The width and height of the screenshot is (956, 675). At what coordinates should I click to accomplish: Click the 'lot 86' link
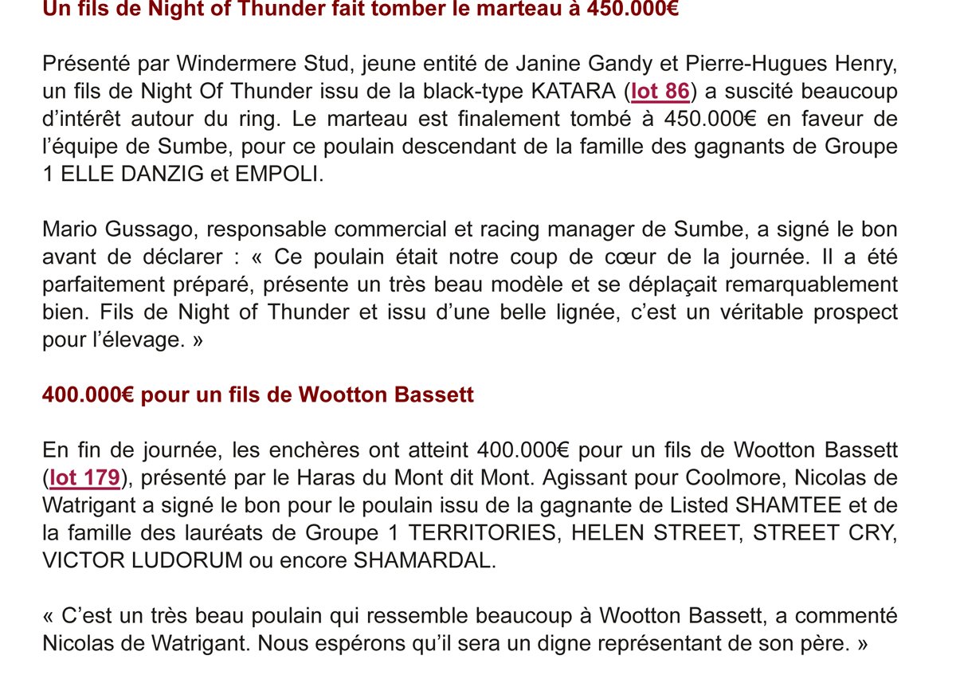click(x=660, y=92)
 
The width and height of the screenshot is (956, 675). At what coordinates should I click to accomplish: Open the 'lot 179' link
click(x=84, y=478)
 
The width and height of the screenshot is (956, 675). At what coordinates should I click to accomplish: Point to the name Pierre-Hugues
click(x=760, y=63)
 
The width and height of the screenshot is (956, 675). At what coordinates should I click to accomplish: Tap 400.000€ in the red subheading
click(x=88, y=395)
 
